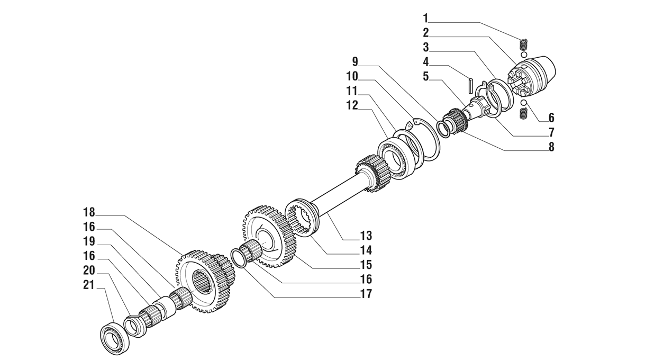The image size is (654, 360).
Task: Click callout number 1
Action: point(426,18)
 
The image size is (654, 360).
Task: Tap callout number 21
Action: point(89,285)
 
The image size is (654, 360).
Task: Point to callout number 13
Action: point(366,236)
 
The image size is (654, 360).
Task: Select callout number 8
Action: point(551,147)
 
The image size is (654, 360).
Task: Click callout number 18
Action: point(89,212)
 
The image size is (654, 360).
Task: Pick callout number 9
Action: point(355,61)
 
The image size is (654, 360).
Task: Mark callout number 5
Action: point(426,77)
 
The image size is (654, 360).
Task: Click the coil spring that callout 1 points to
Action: point(524,44)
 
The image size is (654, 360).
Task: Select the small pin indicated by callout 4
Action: point(470,85)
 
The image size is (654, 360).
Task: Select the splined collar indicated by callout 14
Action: point(302,218)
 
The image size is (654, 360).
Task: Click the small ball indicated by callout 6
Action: point(524,103)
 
